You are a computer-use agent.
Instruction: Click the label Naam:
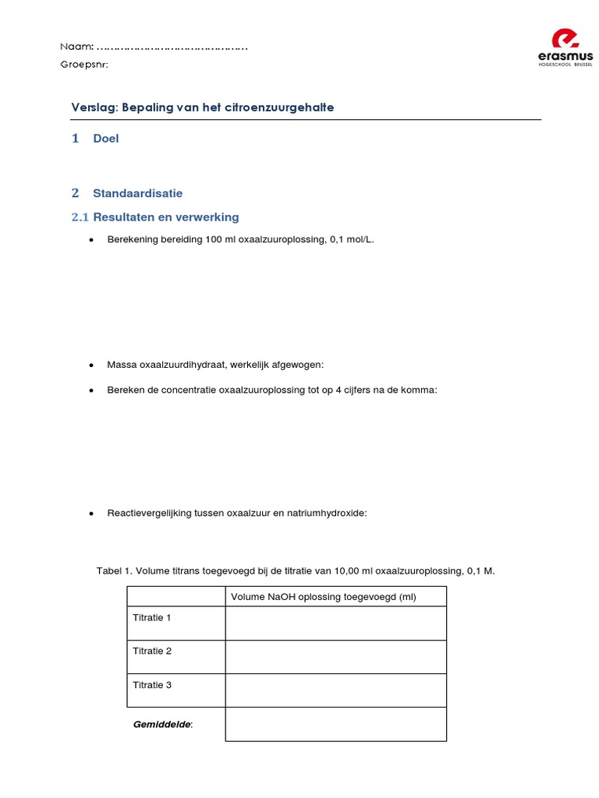coord(77,47)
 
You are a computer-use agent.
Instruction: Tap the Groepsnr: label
coord(84,65)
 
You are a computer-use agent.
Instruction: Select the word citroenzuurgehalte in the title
coord(278,108)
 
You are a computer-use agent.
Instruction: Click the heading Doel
coord(105,139)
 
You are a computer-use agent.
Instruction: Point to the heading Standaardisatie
coord(137,193)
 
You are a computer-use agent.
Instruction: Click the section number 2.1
coord(80,217)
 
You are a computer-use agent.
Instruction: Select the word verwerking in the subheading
coord(208,217)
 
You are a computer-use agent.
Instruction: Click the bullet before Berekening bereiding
coord(91,240)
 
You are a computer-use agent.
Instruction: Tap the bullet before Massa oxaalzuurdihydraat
coord(91,365)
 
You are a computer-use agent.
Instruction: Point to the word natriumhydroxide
coord(329,513)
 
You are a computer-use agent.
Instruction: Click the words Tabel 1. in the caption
coord(115,570)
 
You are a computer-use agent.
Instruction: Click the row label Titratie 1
coord(152,617)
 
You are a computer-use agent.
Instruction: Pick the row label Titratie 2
coord(152,651)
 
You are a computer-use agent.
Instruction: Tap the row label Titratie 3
coord(152,685)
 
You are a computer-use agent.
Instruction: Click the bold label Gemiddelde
coord(162,724)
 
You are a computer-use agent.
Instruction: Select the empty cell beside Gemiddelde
coord(335,724)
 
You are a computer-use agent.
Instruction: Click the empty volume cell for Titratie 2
coord(335,657)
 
